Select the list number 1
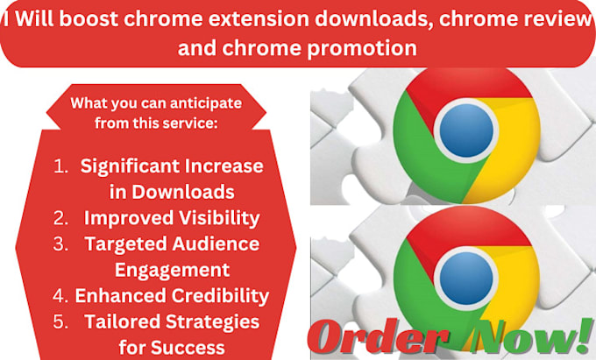(61, 165)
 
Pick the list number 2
(61, 217)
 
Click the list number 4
(61, 296)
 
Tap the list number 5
(61, 322)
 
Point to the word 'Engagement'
(175, 270)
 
